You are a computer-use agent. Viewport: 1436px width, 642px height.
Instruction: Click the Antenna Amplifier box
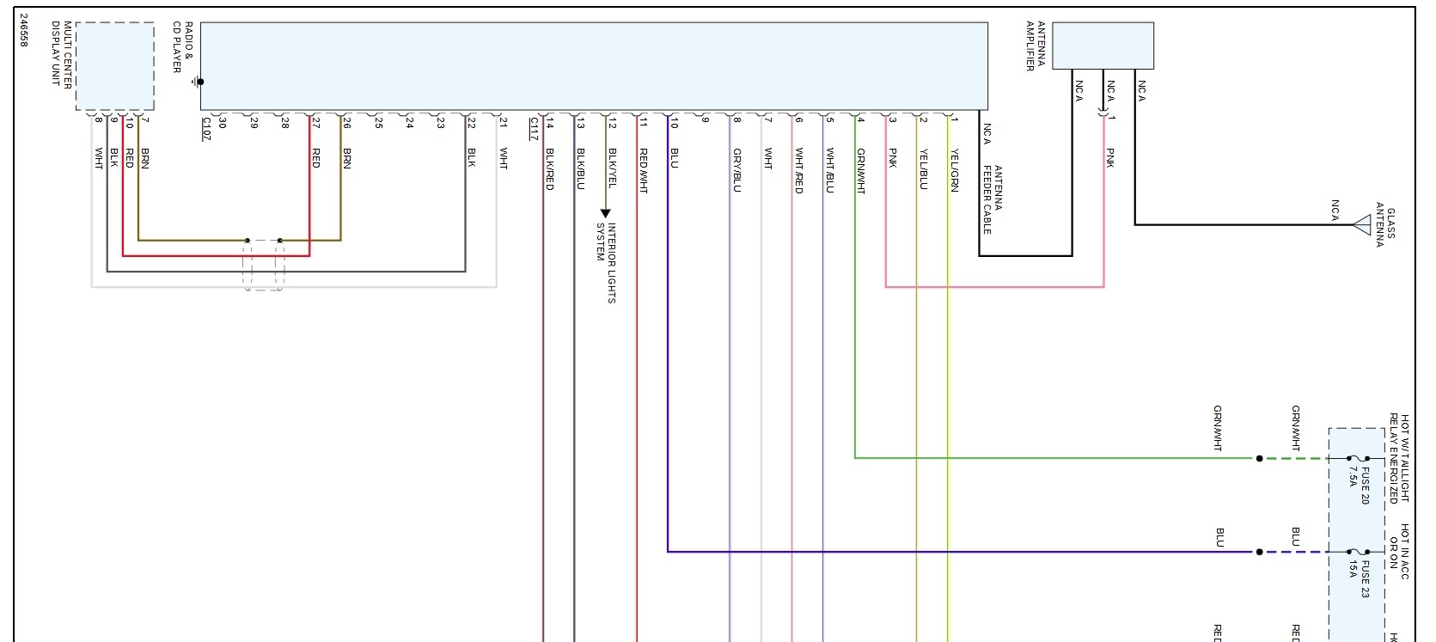1103,46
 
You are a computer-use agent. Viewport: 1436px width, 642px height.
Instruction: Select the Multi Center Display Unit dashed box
115,66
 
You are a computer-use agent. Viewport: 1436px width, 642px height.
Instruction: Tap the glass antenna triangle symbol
1361,225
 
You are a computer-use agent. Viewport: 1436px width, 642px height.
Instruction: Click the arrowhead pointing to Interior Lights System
605,213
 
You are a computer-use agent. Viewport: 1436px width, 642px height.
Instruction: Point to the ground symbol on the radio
198,83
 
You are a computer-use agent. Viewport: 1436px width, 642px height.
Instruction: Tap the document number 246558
23,30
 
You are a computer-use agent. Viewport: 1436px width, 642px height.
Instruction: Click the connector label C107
206,129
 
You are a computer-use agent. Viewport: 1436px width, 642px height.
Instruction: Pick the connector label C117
534,129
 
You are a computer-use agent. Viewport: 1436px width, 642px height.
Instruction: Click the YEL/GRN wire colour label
954,170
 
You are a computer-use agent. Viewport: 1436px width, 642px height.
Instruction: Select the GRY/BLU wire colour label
737,170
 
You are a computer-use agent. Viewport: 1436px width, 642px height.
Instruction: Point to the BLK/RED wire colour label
550,169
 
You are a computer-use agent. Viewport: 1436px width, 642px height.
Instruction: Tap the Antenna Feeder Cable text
993,199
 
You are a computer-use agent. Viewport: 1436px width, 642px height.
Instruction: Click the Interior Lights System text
607,263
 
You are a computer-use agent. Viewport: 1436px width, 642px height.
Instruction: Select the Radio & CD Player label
183,47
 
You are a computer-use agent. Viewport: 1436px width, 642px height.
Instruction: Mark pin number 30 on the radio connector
222,123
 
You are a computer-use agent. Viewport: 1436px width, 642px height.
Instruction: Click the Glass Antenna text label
1385,225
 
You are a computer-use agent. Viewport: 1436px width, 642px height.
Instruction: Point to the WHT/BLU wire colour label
830,170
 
